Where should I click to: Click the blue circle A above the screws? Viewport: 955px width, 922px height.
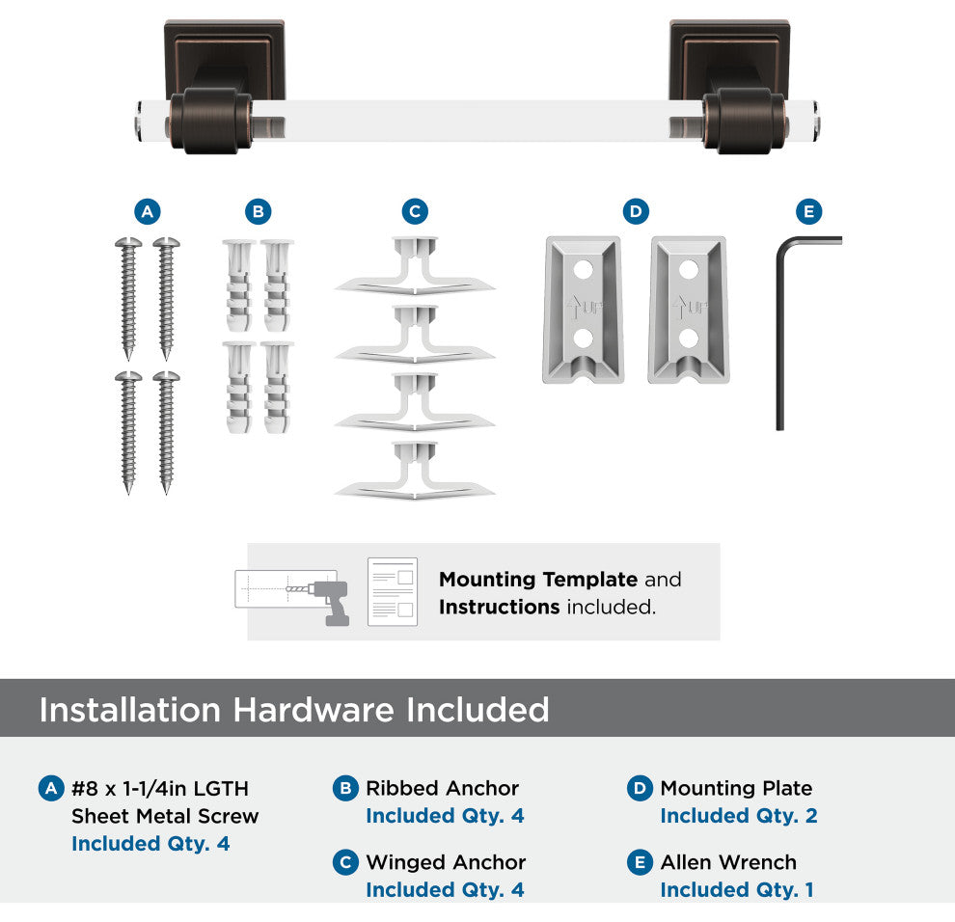point(148,211)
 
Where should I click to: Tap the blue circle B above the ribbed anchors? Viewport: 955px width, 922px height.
point(259,211)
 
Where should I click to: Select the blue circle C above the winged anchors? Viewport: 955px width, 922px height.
point(415,211)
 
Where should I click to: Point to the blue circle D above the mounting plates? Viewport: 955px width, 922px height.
point(636,211)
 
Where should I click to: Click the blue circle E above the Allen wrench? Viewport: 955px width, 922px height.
point(808,211)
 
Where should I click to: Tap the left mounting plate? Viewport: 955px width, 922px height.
point(583,310)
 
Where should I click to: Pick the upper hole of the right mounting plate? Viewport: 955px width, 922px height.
point(688,269)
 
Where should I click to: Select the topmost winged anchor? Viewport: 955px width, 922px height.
point(415,266)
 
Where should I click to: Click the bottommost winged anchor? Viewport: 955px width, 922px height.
point(415,470)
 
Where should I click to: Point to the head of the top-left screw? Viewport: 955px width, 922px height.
point(128,243)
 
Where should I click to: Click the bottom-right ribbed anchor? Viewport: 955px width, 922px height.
point(277,388)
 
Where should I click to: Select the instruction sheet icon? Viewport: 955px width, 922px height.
point(393,591)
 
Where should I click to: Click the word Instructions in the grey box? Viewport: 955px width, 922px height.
point(499,608)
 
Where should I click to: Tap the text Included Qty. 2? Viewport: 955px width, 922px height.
point(739,815)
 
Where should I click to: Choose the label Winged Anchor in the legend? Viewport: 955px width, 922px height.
point(446,862)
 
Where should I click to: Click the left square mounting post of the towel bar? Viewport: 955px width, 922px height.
point(224,60)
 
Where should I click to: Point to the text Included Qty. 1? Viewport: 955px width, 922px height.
point(737,890)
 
